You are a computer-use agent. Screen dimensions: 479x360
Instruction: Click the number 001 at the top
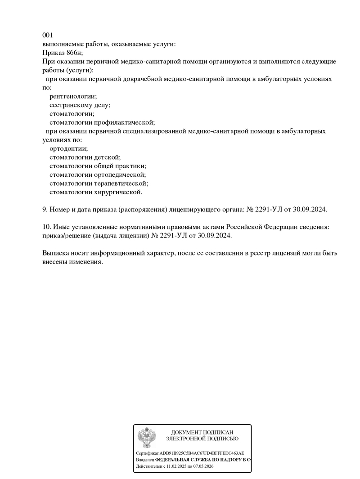[48, 35]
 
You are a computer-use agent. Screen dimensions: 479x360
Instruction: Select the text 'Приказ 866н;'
[63, 52]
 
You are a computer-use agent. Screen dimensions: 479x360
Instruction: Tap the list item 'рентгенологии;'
[73, 96]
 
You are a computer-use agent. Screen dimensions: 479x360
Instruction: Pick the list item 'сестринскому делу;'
[80, 105]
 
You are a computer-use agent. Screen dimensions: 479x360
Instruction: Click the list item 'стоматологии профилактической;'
[102, 122]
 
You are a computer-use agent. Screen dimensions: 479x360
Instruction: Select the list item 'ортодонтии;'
[69, 148]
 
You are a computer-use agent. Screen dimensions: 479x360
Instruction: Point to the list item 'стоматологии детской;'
[85, 157]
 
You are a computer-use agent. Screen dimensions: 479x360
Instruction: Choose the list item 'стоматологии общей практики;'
[98, 166]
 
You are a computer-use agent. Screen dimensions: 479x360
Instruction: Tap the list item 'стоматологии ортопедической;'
[98, 175]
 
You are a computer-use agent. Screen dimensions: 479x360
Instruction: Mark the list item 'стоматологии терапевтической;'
[99, 184]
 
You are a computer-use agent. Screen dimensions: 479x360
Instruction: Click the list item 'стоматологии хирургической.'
[96, 192]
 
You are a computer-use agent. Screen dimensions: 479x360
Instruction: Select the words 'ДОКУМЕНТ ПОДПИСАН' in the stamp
[202, 432]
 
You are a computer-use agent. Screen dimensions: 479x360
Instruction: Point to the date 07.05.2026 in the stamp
[203, 467]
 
